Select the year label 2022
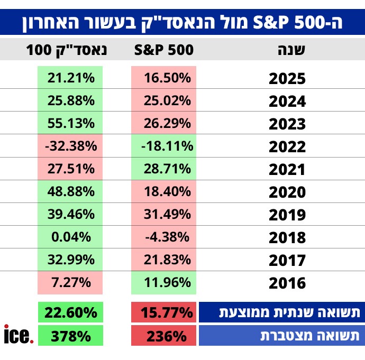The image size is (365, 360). click(287, 146)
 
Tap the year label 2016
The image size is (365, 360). click(287, 283)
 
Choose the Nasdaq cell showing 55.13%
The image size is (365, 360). click(71, 123)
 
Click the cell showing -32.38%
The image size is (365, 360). click(71, 146)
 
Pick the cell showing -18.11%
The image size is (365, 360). click(163, 146)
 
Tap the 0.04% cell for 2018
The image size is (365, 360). click(71, 237)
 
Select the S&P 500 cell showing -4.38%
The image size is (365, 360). click(163, 237)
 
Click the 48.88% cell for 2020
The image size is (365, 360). click(71, 192)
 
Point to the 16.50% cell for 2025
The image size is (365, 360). click(163, 78)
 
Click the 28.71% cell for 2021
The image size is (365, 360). click(163, 169)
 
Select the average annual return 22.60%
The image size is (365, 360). click(71, 312)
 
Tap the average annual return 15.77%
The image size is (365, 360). click(163, 312)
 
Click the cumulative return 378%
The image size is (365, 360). click(71, 335)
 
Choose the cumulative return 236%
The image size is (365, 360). click(163, 335)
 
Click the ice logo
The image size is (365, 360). click(18, 335)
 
